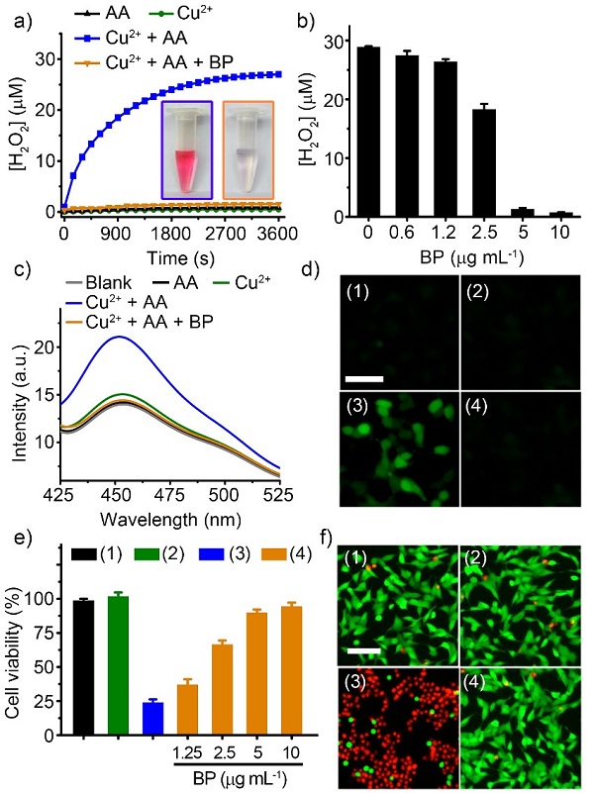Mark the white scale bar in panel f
click(363, 650)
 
